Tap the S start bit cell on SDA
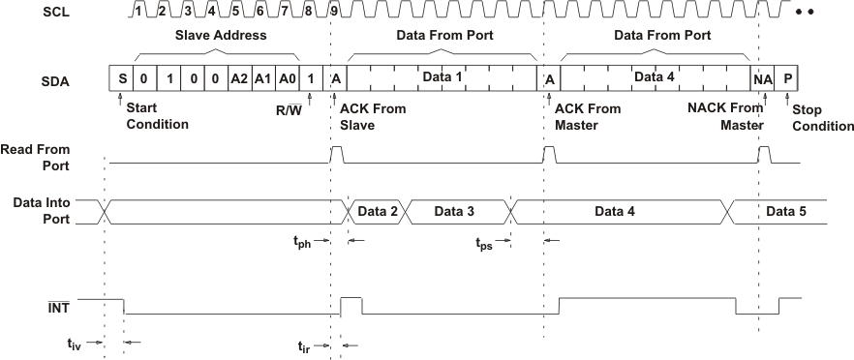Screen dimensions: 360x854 122,78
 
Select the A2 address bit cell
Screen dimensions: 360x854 237,78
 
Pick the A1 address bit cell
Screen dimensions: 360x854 262,78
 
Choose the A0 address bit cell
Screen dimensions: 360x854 288,78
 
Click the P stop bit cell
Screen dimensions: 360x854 788,78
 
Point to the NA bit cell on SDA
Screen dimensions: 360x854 762,78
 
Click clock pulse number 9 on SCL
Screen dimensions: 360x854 334,11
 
